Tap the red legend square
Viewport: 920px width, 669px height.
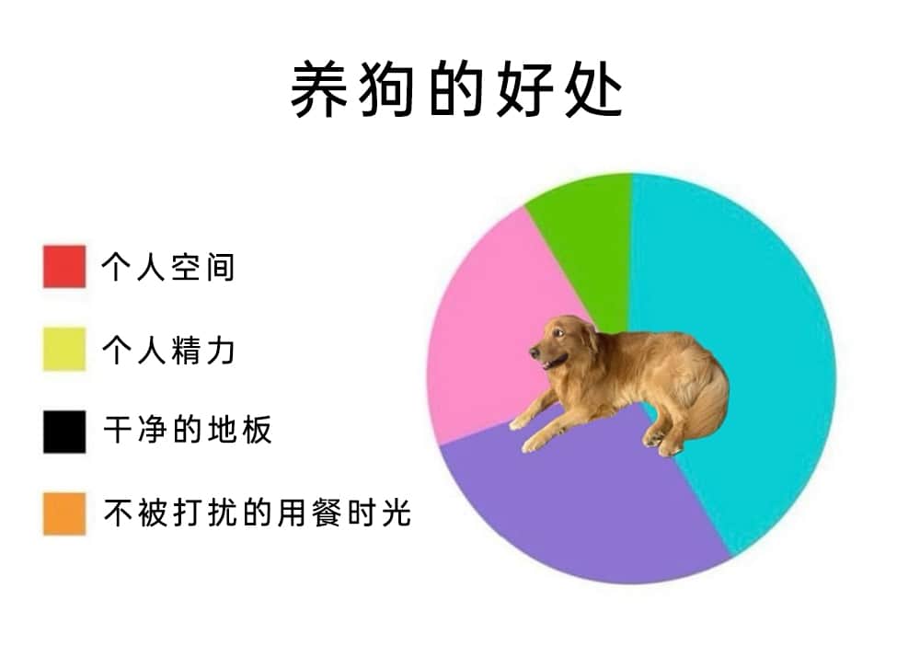[64, 267]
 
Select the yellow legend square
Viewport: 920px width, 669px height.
[64, 349]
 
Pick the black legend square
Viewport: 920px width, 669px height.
[64, 432]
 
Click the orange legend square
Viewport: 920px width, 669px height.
[64, 514]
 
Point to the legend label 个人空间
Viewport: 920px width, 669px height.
[168, 268]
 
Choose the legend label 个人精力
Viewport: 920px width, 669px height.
[168, 351]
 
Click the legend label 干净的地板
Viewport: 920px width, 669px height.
[188, 430]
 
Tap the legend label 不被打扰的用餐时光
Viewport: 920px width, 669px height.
[257, 513]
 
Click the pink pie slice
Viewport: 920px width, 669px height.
[487, 329]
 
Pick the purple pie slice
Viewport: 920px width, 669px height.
[587, 504]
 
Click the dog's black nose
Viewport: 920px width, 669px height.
[535, 352]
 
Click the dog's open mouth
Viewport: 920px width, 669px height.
[553, 362]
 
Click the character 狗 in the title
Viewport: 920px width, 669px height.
[385, 90]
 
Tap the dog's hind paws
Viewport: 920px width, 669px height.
[661, 443]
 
